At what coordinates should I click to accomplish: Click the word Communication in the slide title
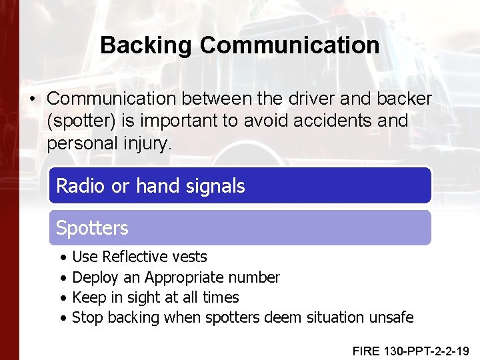click(289, 45)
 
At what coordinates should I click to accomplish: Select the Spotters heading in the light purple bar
click(92, 228)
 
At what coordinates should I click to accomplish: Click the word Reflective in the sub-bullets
click(141, 257)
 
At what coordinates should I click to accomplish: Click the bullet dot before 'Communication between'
click(32, 99)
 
